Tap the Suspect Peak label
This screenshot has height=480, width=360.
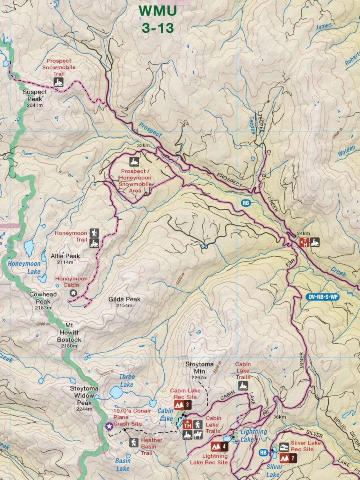coord(35,95)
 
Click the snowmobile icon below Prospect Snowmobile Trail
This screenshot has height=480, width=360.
coord(59,82)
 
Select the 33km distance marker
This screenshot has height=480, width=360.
coord(143,145)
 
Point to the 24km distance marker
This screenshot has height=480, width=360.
coord(304,234)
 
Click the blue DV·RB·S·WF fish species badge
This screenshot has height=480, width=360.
coord(323,297)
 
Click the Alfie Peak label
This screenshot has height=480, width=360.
coord(65,256)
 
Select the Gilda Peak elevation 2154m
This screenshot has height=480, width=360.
coord(124,306)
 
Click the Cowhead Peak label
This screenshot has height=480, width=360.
coord(43,297)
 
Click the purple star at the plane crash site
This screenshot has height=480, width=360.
coord(108,426)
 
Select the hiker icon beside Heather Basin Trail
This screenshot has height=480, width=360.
coord(133,442)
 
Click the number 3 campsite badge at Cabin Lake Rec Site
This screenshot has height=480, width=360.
coord(187,405)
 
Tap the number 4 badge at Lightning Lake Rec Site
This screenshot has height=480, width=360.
coord(225,446)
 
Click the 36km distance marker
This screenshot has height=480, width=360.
coord(280,417)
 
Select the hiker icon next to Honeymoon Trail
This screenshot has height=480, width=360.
coord(94,233)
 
